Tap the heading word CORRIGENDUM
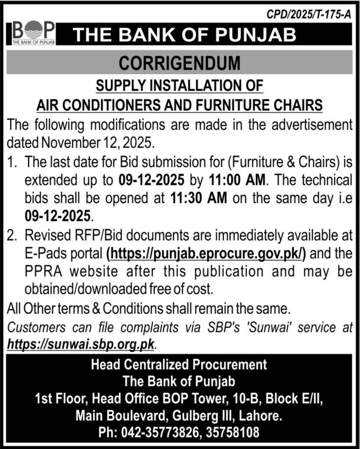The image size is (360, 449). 179,63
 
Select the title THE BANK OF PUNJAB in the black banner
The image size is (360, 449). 185,35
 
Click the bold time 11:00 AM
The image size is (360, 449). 237,180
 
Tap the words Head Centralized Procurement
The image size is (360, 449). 179,364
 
